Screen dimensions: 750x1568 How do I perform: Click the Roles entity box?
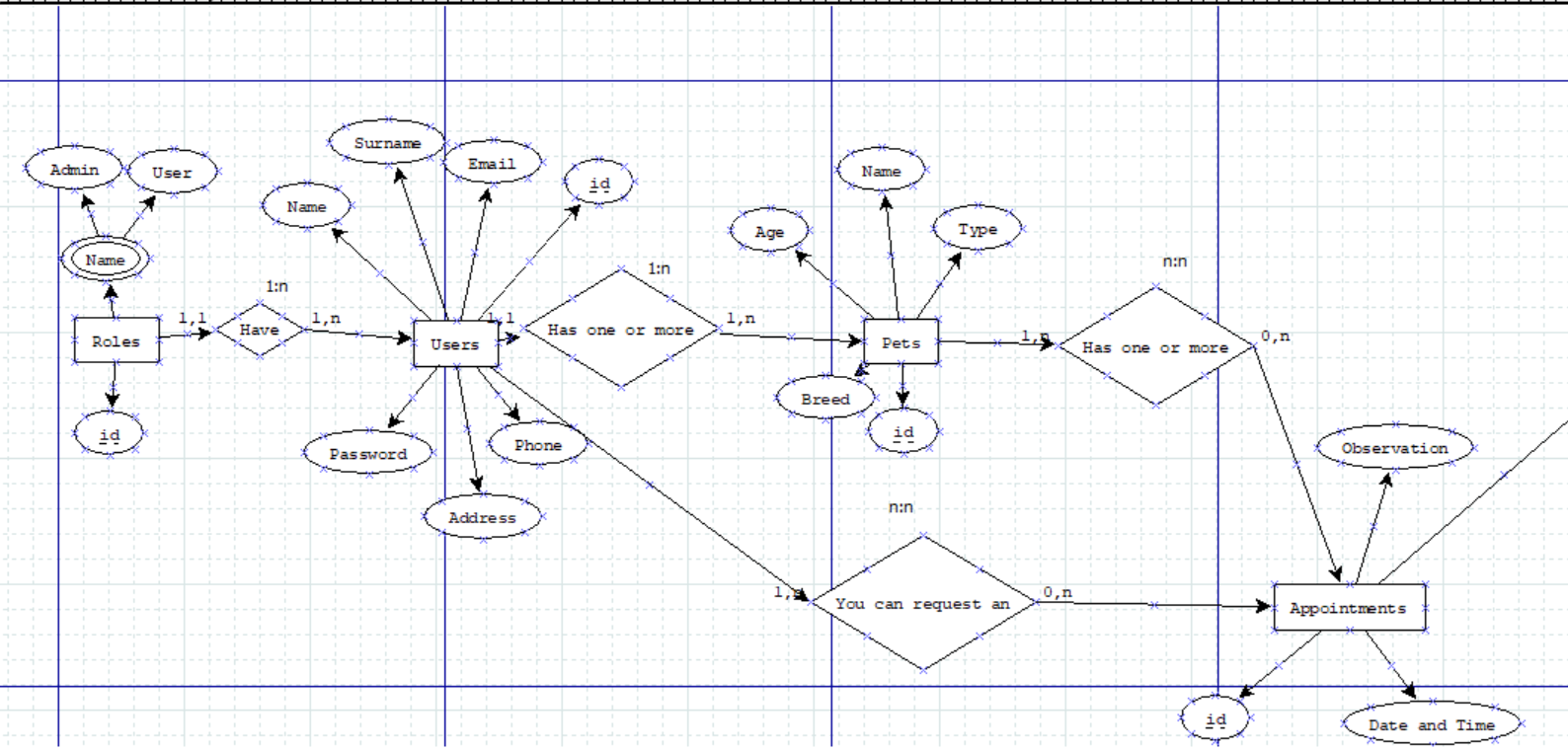pyautogui.click(x=117, y=340)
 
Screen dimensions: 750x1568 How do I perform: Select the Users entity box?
pyautogui.click(x=455, y=343)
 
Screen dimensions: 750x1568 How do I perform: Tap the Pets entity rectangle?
pyautogui.click(x=901, y=341)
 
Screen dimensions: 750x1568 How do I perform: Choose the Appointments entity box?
pyautogui.click(x=1349, y=608)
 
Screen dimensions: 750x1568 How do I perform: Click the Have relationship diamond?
pyautogui.click(x=259, y=330)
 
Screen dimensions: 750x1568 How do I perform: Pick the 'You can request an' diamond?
pyautogui.click(x=922, y=603)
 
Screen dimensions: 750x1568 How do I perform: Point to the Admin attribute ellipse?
pyautogui.click(x=74, y=170)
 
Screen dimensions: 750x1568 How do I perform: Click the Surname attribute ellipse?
pyautogui.click(x=387, y=143)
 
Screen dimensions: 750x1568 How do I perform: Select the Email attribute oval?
pyautogui.click(x=492, y=163)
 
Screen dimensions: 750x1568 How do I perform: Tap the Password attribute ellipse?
pyautogui.click(x=367, y=454)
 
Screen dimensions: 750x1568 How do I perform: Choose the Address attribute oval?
pyautogui.click(x=482, y=517)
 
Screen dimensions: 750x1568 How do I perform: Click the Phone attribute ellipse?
pyautogui.click(x=537, y=445)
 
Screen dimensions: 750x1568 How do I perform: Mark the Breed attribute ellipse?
pyautogui.click(x=824, y=400)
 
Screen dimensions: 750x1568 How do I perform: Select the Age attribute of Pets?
pyautogui.click(x=769, y=232)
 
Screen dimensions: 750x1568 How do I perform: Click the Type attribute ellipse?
pyautogui.click(x=978, y=229)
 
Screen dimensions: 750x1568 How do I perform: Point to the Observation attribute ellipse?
pyautogui.click(x=1394, y=448)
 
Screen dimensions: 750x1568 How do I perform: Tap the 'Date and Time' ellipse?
pyautogui.click(x=1431, y=724)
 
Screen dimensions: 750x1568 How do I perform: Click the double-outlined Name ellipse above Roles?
pyautogui.click(x=105, y=261)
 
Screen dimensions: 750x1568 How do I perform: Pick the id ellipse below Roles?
pyautogui.click(x=110, y=435)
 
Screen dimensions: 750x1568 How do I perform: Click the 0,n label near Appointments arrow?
pyautogui.click(x=1058, y=592)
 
